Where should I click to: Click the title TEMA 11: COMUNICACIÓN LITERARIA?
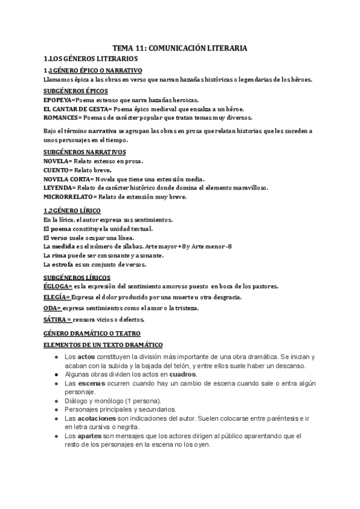click(180, 47)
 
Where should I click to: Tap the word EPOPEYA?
click(58, 100)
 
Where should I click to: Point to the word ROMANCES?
click(61, 118)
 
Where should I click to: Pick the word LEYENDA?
click(57, 188)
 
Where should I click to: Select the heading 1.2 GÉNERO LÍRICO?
click(72, 211)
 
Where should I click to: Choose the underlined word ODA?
click(52, 308)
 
